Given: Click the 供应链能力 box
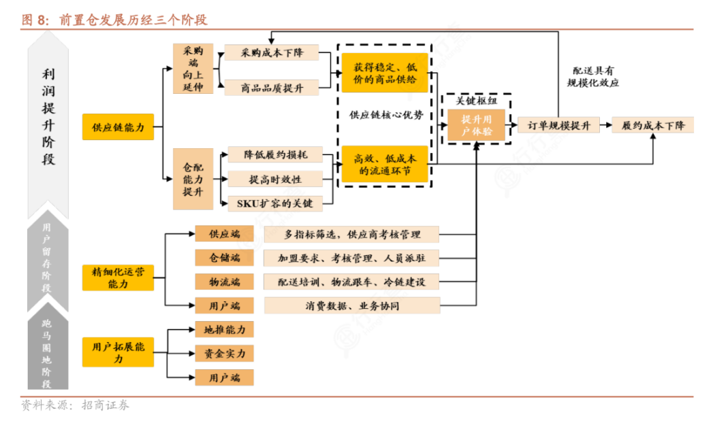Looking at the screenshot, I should tap(118, 126).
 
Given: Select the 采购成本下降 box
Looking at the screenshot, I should tap(272, 53).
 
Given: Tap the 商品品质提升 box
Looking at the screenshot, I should tap(272, 87).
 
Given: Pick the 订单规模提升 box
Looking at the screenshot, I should tap(558, 125).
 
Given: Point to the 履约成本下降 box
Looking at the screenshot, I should tap(652, 125).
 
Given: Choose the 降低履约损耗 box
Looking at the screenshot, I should tap(275, 155).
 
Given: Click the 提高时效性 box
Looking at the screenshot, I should tap(275, 179).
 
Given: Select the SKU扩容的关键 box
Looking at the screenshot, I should tap(275, 203).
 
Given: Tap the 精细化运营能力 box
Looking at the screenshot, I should tap(118, 277).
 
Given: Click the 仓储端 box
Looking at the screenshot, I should tap(224, 258).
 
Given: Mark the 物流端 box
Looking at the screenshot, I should tap(224, 282).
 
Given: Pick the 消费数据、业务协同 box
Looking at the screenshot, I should tap(351, 305).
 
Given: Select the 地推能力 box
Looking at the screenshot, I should tap(224, 330).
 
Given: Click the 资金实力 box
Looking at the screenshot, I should tap(224, 354).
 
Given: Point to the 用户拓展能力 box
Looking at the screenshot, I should tap(118, 352).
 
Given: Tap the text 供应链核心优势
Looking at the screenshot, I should tap(386, 115).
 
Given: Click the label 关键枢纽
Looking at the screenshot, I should tap(477, 101).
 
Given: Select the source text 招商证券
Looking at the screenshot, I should tap(105, 406).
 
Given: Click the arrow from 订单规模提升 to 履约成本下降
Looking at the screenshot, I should tap(605, 125).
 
